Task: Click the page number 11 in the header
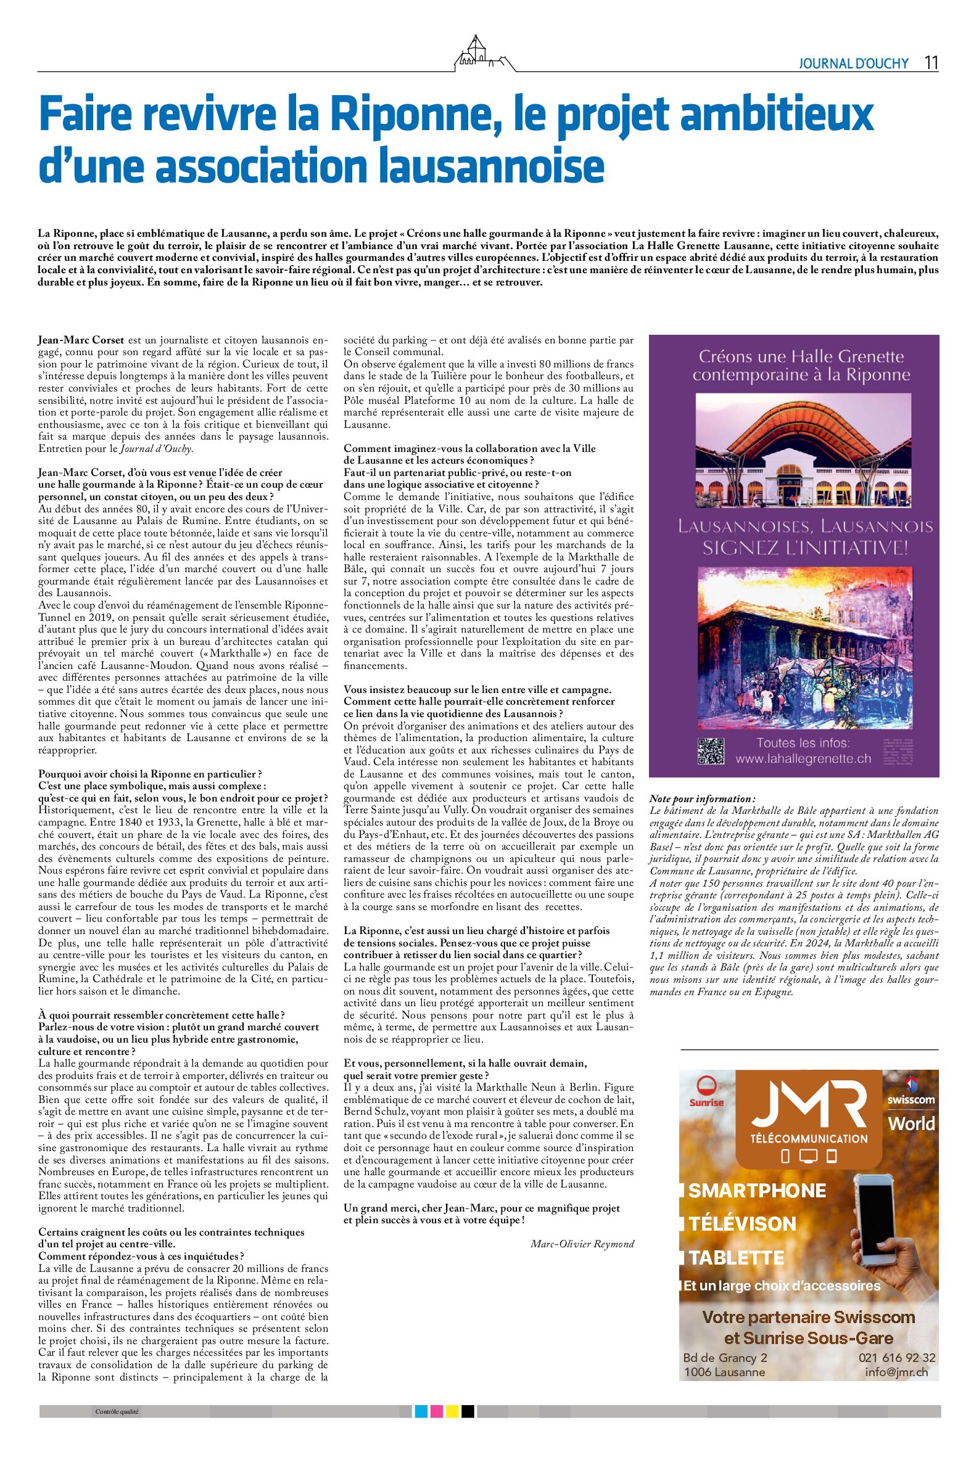tap(931, 63)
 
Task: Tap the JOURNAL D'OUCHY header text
tap(854, 64)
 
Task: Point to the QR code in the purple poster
tap(711, 751)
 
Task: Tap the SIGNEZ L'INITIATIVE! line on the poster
tap(806, 549)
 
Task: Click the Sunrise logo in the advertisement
tap(707, 1091)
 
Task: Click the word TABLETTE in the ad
tap(737, 1257)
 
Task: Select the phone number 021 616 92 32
tap(896, 1358)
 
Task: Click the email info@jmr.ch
tap(900, 1372)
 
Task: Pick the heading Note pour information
tap(702, 799)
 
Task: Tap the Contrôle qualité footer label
tap(117, 1412)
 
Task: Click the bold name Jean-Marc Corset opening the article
tap(81, 341)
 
